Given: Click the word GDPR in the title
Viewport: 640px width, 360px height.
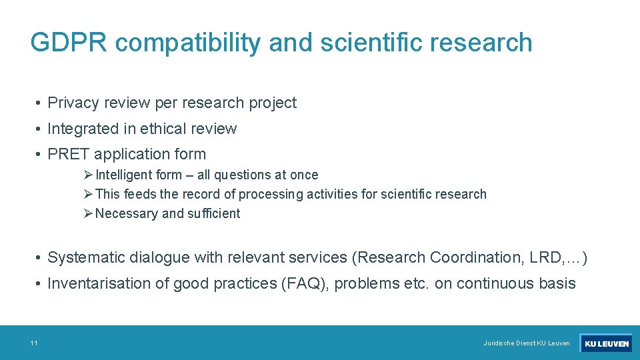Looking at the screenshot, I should point(69,43).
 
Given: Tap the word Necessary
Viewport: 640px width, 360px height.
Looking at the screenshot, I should point(127,213).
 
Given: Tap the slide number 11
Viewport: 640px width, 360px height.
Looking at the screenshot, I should point(33,343).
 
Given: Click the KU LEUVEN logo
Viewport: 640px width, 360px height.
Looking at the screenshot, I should point(605,343).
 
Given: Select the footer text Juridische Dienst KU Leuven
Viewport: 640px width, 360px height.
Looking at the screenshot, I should point(527,343).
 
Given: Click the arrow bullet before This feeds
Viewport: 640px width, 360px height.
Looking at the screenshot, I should point(89,194).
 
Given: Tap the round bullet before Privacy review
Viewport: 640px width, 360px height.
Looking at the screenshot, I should point(40,103).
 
